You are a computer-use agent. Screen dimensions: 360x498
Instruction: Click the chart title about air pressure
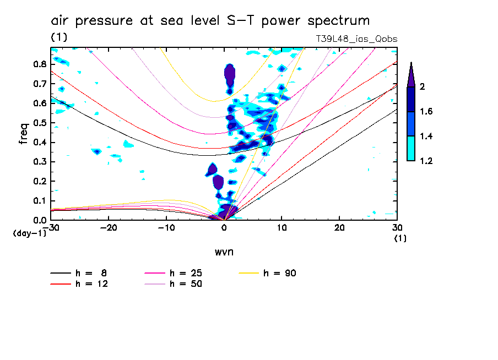pyautogui.click(x=210, y=21)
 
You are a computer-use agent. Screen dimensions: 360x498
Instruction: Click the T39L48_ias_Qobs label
pyautogui.click(x=356, y=39)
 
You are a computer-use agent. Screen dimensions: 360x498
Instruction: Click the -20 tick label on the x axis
pyautogui.click(x=109, y=228)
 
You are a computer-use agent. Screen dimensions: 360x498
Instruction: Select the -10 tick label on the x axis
pyautogui.click(x=166, y=228)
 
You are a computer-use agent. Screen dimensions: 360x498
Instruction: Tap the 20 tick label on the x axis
pyautogui.click(x=339, y=228)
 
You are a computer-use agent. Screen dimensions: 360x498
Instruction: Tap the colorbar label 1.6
pyautogui.click(x=426, y=112)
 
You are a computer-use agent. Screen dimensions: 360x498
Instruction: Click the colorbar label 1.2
pyautogui.click(x=426, y=161)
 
